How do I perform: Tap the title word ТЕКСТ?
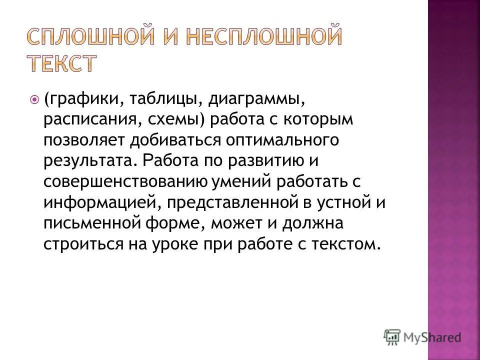pyautogui.click(x=61, y=64)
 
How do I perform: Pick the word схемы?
pyautogui.click(x=177, y=120)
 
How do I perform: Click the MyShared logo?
pyautogui.click(x=422, y=336)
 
